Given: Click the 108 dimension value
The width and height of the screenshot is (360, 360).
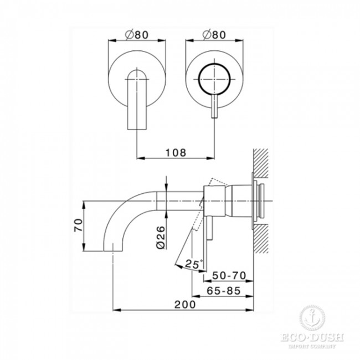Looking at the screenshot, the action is (176, 153).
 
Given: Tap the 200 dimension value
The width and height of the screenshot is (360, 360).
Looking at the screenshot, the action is (186, 305).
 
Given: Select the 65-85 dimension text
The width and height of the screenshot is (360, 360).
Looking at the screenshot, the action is (224, 291).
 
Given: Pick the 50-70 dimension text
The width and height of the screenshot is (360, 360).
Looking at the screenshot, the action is (229, 275).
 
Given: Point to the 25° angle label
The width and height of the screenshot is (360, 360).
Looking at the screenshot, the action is (194, 264).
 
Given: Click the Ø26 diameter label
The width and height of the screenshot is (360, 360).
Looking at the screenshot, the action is (161, 238).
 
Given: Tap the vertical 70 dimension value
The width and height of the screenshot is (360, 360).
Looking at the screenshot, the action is (78, 225).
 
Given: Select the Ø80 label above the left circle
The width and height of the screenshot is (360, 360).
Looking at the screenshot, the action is (137, 35).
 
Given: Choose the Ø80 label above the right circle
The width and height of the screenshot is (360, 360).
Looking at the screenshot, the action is (214, 35).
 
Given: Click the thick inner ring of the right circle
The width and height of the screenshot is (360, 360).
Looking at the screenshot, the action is (199, 79).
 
